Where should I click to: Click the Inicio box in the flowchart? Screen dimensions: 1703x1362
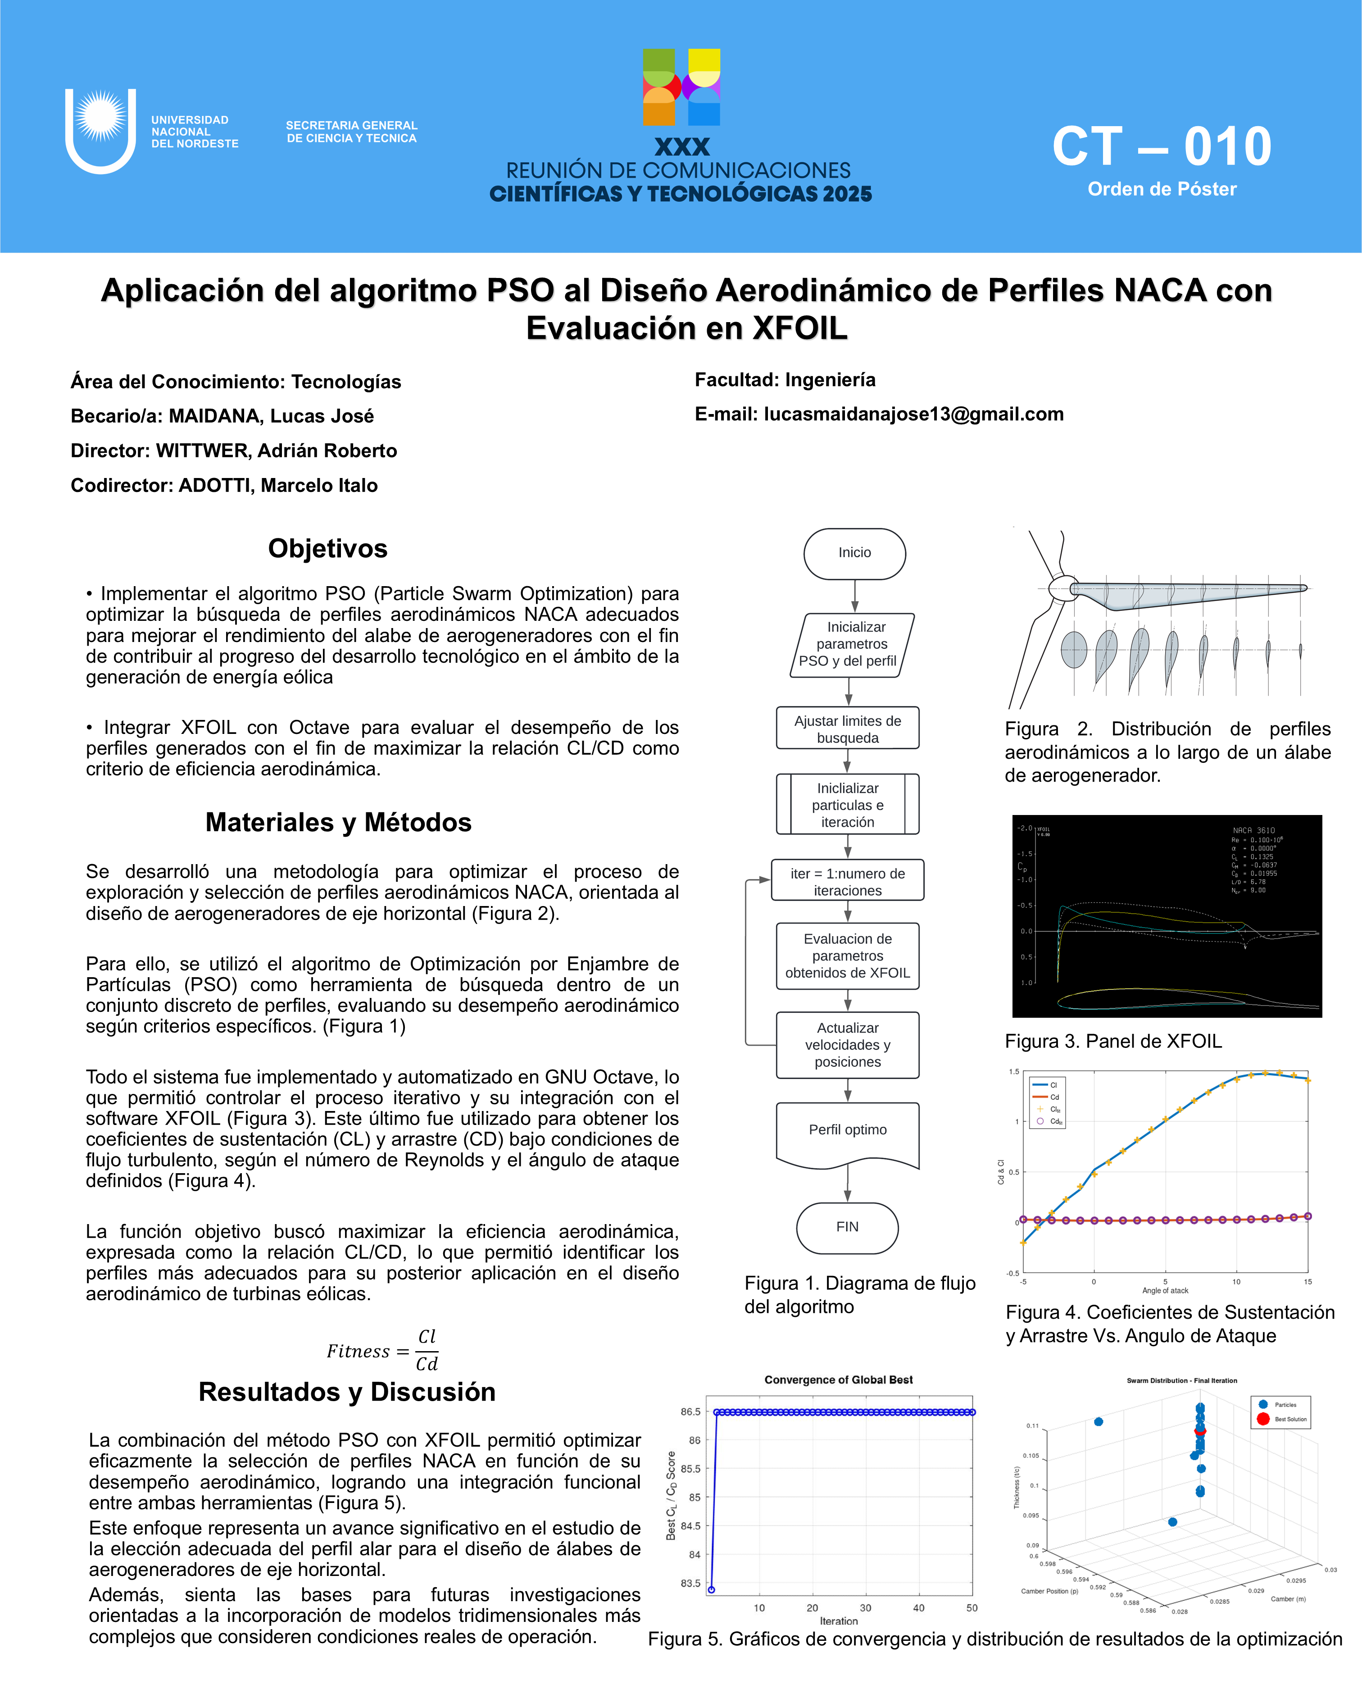coord(854,553)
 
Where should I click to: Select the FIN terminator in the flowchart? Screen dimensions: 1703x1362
coord(847,1227)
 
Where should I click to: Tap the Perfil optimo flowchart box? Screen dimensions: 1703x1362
coord(847,1130)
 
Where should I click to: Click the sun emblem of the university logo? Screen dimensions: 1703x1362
coord(100,117)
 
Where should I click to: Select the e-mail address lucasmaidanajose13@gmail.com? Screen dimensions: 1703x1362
coord(913,414)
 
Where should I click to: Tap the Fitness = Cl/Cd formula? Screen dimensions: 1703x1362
coord(383,1351)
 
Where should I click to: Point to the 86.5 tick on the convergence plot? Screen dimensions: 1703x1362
coord(691,1412)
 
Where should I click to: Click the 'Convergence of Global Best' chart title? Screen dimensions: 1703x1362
coord(839,1380)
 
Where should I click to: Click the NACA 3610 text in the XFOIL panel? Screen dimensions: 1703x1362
coord(1254,831)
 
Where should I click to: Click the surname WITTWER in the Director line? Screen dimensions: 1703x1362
coord(203,451)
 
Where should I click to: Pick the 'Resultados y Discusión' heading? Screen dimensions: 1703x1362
coord(347,1392)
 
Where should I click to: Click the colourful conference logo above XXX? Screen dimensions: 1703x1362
coord(681,87)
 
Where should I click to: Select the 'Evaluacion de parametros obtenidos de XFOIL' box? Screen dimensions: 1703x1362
coord(847,956)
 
